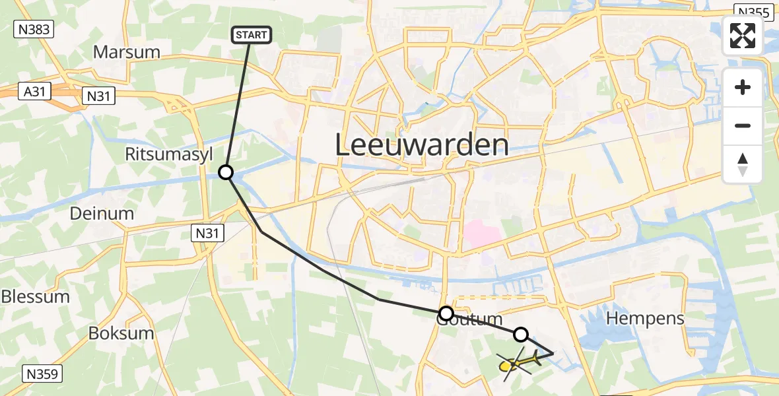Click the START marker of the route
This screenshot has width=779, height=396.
point(251,35)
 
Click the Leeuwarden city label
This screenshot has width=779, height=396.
point(422,145)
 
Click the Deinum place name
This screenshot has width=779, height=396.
point(102,213)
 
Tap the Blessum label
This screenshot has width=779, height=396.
point(35,296)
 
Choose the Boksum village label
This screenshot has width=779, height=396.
point(121,333)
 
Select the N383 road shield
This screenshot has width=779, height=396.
point(33,28)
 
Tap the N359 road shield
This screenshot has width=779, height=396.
point(42,374)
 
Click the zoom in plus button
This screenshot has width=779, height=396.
point(743,87)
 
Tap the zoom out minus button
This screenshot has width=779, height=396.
point(743,125)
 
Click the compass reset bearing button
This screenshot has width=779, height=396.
point(743,164)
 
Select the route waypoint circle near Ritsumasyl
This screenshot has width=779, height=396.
point(226,172)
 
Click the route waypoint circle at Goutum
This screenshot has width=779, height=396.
point(446,313)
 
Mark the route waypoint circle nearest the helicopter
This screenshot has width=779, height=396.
point(521,335)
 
